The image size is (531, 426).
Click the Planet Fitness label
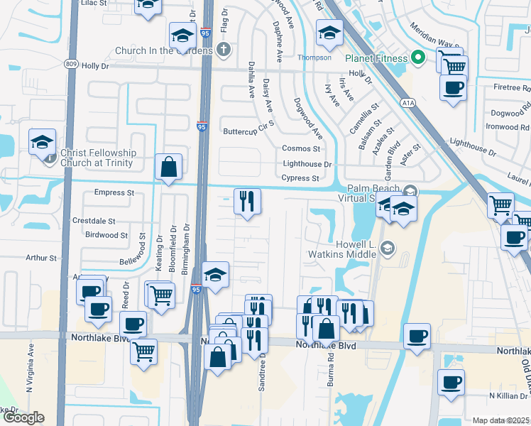[376, 58]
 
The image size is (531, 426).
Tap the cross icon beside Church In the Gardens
[224, 50]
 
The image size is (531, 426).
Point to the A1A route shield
[407, 103]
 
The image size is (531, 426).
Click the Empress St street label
[114, 192]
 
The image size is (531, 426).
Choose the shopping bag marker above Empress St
[169, 168]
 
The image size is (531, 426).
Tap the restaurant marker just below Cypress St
[248, 202]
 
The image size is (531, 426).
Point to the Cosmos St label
[302, 148]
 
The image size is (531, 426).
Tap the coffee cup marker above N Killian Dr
[451, 383]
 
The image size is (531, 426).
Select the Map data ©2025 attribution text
[501, 420]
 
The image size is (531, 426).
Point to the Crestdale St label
[94, 222]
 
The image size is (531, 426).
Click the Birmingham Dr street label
[184, 249]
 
